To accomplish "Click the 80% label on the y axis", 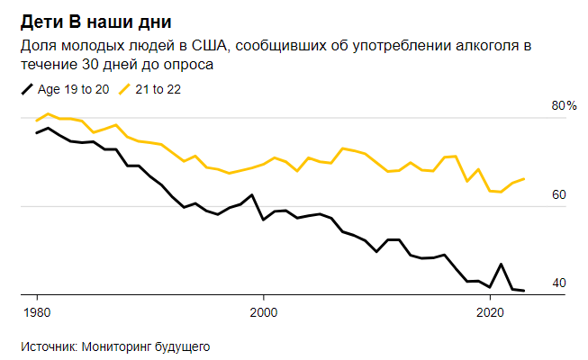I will point(564,106).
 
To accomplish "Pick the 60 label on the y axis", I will point(558,195).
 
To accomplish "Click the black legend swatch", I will point(25,89).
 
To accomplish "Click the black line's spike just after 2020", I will point(501,264).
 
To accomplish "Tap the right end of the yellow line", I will point(524,178).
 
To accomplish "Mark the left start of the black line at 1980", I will point(37,133).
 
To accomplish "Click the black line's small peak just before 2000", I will point(251,194).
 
